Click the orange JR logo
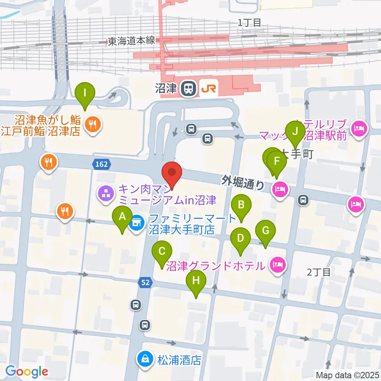(208, 89)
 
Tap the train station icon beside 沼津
(188, 89)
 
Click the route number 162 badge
(102, 164)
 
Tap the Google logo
(27, 371)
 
